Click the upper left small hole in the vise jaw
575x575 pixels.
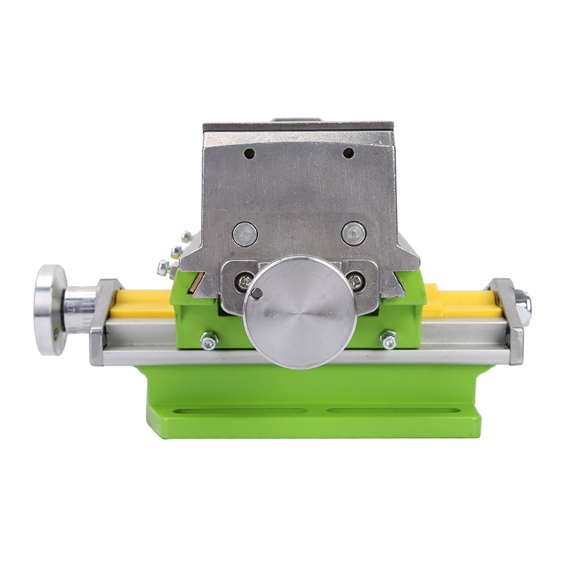(249, 153)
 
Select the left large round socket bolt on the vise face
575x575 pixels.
(245, 234)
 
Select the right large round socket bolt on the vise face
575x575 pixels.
(353, 233)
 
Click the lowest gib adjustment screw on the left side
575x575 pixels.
(163, 267)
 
